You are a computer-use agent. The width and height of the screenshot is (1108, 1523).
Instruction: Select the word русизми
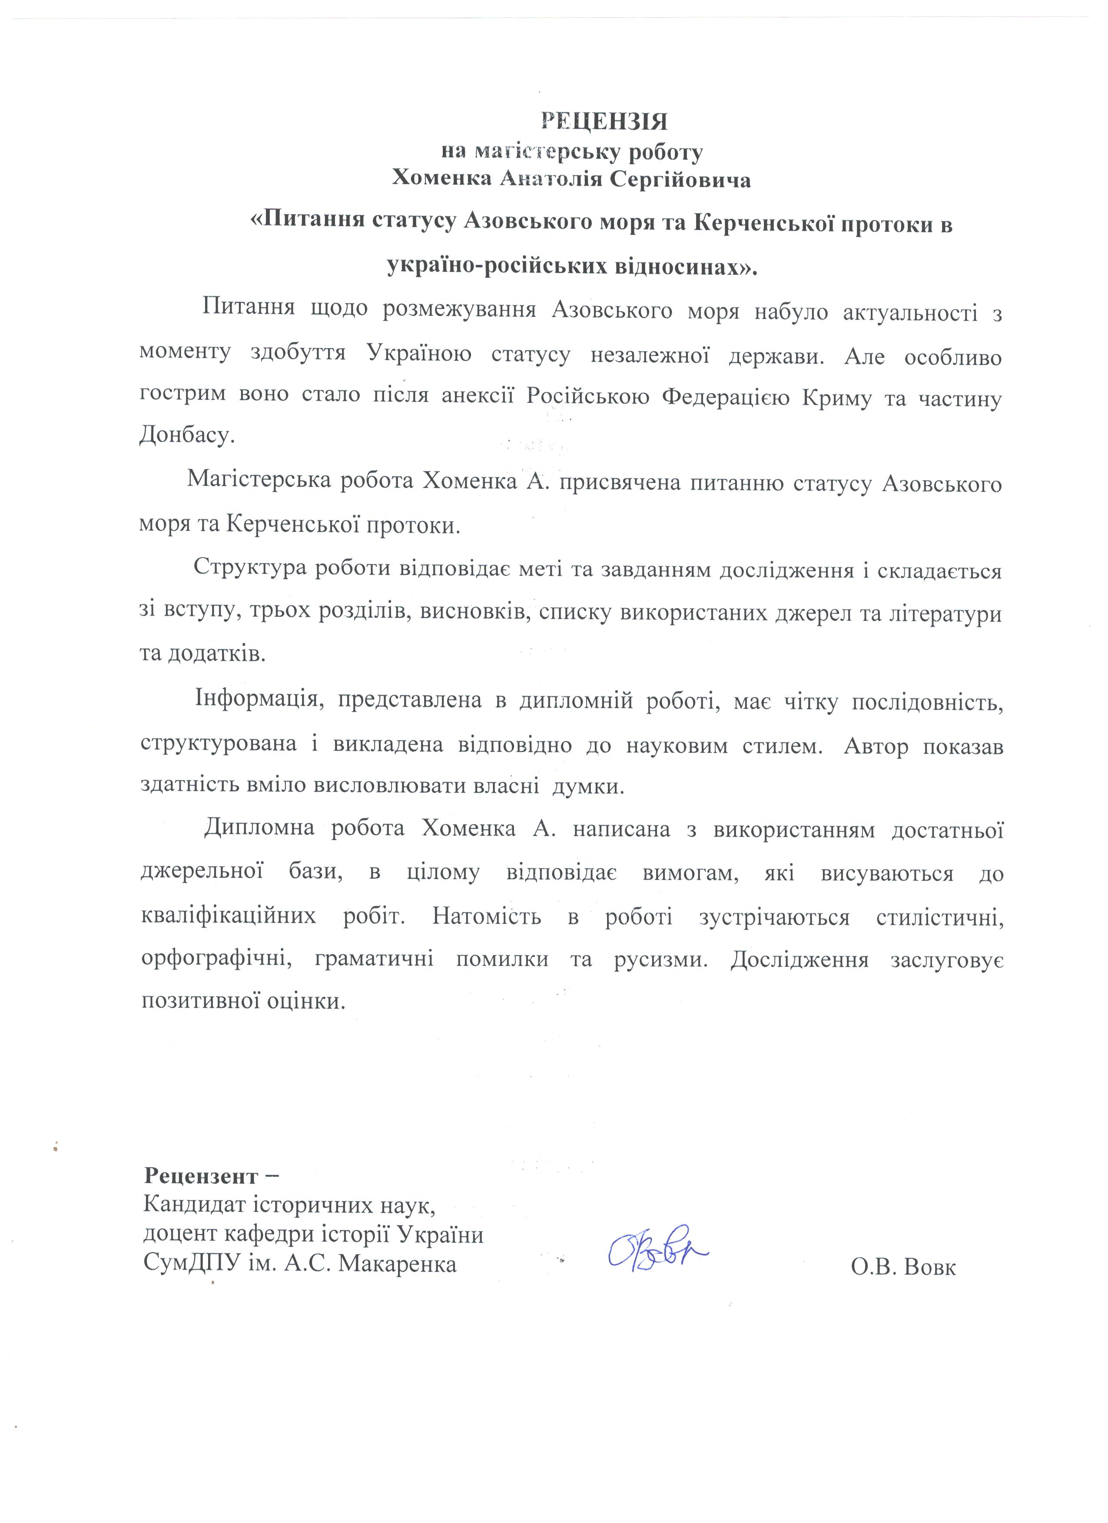click(x=661, y=959)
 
